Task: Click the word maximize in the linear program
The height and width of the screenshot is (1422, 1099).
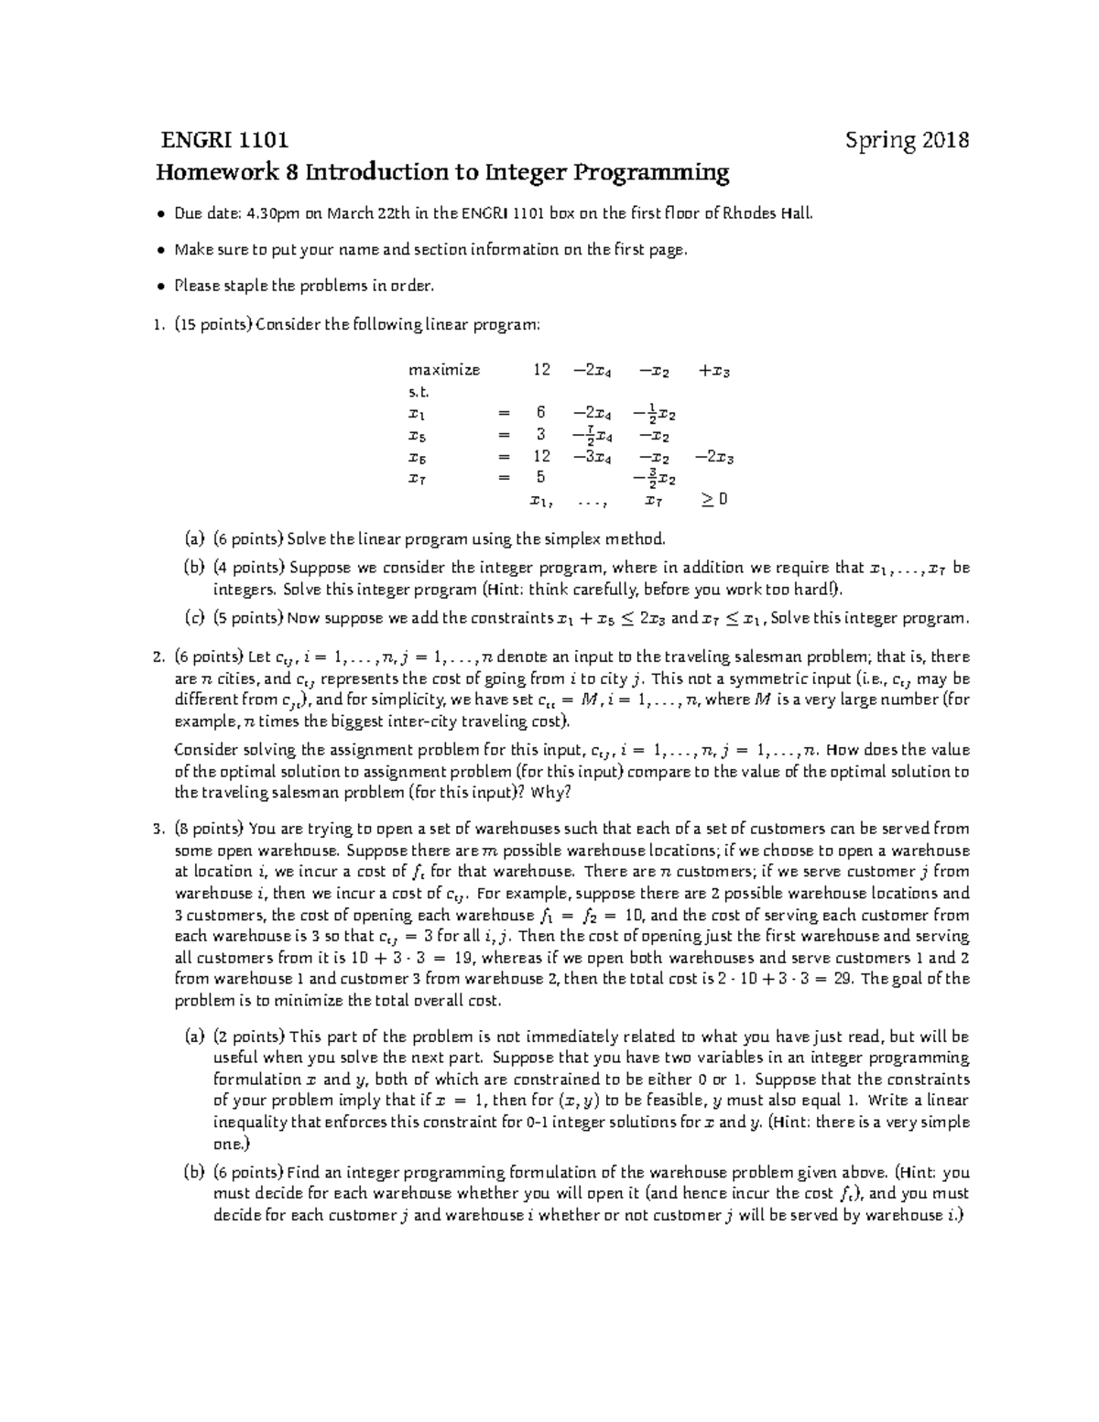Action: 444,370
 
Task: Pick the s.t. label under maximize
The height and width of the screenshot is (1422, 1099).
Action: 418,392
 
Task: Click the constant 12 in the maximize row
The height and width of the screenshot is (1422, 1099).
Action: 541,370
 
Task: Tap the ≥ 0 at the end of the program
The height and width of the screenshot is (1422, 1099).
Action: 714,499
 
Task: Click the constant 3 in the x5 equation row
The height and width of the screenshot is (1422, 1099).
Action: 541,434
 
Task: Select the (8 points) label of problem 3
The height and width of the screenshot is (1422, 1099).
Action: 209,829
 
